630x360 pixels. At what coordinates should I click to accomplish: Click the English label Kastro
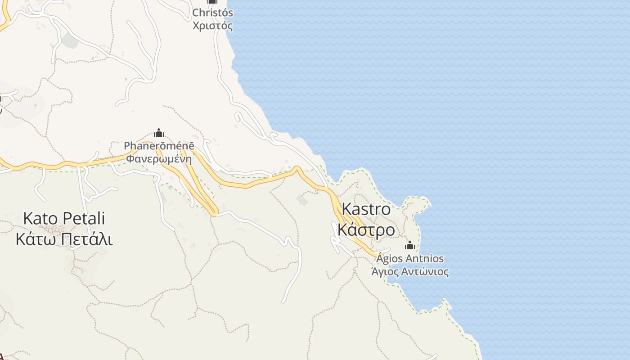(x=366, y=209)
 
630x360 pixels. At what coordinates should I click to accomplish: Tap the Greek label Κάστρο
(x=366, y=230)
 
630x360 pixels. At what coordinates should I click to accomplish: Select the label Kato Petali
(x=64, y=219)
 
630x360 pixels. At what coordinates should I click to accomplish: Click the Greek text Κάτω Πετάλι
(x=64, y=239)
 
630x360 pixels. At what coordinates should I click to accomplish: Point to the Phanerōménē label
(x=159, y=146)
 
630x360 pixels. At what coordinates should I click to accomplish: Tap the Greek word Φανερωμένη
(x=159, y=158)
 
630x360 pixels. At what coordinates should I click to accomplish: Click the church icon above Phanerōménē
(x=158, y=133)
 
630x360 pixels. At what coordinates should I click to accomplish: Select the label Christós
(x=212, y=13)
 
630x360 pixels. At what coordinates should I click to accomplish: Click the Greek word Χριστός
(x=212, y=26)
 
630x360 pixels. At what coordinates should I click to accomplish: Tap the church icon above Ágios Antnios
(x=409, y=245)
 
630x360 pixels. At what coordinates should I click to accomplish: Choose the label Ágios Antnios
(x=410, y=259)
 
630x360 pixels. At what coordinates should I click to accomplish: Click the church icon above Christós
(x=212, y=1)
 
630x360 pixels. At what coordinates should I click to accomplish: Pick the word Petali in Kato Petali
(x=84, y=219)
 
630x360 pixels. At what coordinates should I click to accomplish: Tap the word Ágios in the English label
(x=390, y=259)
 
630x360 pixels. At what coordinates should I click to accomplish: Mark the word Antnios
(x=425, y=259)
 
